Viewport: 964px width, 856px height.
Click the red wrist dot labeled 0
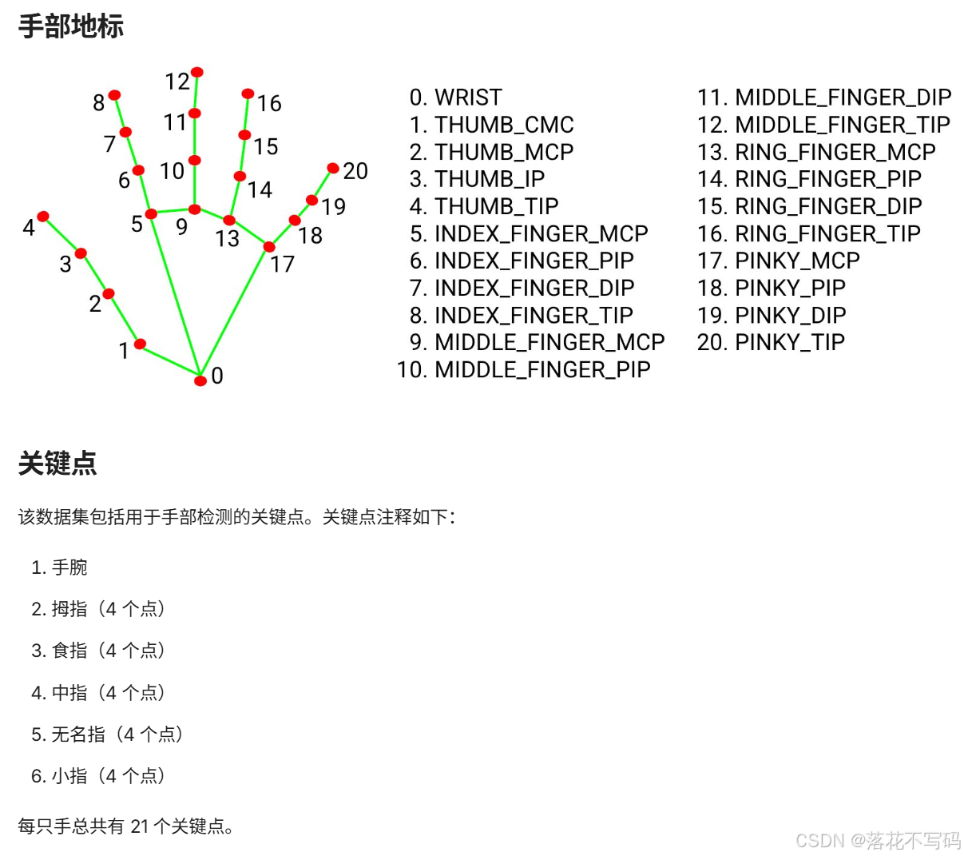[x=200, y=380]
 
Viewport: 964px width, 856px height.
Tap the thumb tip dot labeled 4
[x=43, y=217]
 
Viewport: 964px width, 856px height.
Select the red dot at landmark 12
[x=197, y=73]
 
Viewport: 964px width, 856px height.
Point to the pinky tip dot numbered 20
[x=333, y=168]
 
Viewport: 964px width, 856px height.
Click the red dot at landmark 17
[x=269, y=247]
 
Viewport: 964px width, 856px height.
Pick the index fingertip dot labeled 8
[x=115, y=95]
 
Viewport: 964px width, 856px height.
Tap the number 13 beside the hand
[x=227, y=238]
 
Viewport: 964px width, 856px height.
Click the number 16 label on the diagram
[x=269, y=103]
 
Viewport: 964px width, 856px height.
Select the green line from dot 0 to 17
[x=235, y=312]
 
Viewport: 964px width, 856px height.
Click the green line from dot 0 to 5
[x=176, y=296]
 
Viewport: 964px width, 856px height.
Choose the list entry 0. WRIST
[x=455, y=98]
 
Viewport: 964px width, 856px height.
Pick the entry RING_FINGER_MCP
[x=816, y=152]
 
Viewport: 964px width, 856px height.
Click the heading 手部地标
[x=71, y=26]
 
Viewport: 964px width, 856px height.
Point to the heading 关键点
[x=58, y=464]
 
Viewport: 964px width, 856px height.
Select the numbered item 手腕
[x=69, y=567]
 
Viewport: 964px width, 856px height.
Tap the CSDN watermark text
[x=879, y=840]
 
